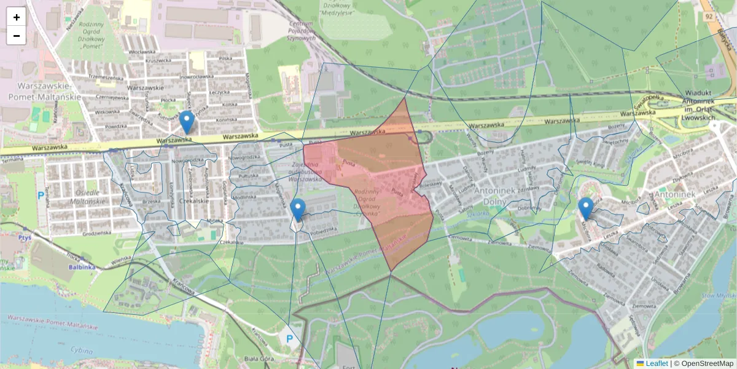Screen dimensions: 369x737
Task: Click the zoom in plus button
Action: tap(17, 17)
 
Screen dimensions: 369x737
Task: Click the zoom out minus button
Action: tap(17, 36)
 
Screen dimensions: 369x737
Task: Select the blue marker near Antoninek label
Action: tap(586, 208)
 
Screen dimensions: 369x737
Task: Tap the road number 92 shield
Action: tap(709, 17)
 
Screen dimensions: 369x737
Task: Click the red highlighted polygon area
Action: tap(381, 184)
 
